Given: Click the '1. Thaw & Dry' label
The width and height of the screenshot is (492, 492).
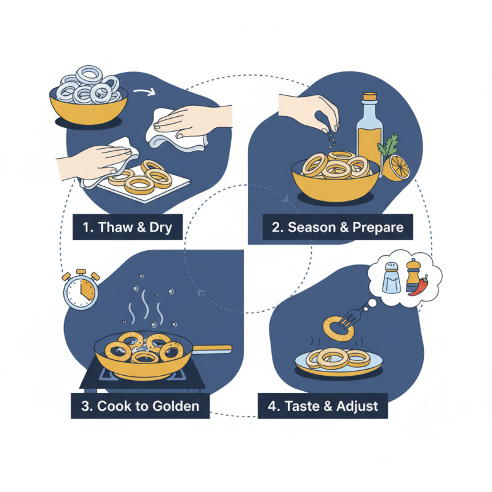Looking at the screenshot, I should point(127,228).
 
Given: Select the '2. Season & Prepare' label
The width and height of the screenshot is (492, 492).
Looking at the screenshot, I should point(338,227).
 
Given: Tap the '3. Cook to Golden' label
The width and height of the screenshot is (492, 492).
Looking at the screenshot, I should point(140,405).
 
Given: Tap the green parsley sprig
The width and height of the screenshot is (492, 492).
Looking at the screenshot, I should point(388,147).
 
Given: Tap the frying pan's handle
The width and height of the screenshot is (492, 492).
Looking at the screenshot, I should point(209,349).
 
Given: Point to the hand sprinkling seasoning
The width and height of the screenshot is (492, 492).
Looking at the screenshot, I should point(311,110).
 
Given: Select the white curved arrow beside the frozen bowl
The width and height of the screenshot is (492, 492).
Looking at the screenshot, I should point(144,93).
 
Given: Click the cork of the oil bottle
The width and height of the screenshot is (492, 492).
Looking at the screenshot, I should point(369,98).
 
